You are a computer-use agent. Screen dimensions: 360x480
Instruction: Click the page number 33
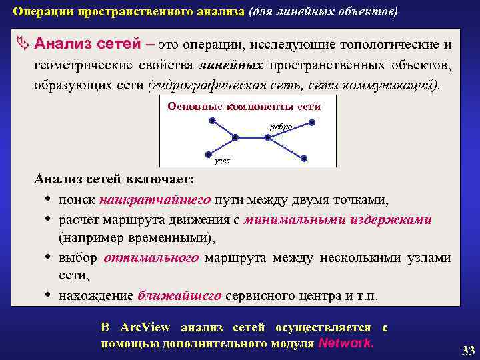pyautogui.click(x=468, y=350)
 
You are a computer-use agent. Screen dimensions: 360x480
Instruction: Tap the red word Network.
pyautogui.click(x=347, y=343)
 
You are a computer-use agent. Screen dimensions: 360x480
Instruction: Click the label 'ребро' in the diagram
pyautogui.click(x=280, y=127)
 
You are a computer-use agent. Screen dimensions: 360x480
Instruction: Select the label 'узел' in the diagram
pyautogui.click(x=222, y=161)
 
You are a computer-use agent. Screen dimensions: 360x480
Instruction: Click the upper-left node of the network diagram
pyautogui.click(x=212, y=121)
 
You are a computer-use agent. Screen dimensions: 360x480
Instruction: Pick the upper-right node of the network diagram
pyautogui.click(x=311, y=122)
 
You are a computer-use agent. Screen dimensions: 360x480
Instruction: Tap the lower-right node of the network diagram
pyautogui.click(x=304, y=158)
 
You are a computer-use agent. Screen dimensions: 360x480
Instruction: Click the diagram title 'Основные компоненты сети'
pyautogui.click(x=244, y=107)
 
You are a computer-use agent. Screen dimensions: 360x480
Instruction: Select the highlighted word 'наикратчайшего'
pyautogui.click(x=155, y=200)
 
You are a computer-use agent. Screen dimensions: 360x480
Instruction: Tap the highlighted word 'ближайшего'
pyautogui.click(x=180, y=296)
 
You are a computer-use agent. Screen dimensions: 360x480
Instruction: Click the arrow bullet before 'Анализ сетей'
pyautogui.click(x=23, y=45)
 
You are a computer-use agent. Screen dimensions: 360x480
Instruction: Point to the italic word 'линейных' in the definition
pyautogui.click(x=231, y=66)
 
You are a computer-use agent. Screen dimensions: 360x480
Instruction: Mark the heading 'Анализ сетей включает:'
pyautogui.click(x=115, y=180)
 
